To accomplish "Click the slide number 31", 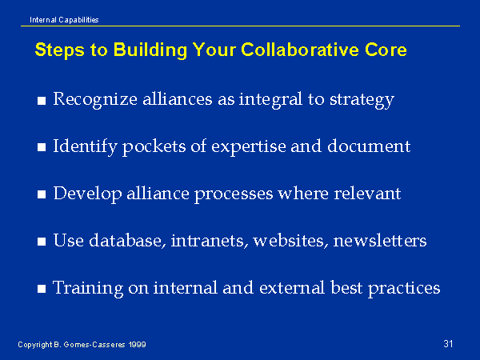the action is pos(448,343).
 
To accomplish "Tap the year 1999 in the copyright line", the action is pos(137,345).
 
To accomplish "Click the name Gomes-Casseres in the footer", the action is pos(94,345).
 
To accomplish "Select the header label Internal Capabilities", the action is pos(64,20).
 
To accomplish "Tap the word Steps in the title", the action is pos(60,50).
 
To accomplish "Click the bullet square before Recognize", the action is pos(42,101).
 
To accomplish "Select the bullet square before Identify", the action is pos(42,147).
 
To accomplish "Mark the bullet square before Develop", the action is pos(42,194).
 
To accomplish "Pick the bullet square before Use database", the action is pos(42,242).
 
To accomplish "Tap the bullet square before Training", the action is pos(42,289).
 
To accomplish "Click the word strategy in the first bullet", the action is pos(362,100).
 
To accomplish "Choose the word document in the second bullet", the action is pos(369,146).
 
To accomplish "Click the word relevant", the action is pos(367,194).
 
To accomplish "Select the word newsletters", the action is pos(379,240).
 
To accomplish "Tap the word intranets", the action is pos(209,241).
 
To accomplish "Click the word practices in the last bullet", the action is pos(404,288).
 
